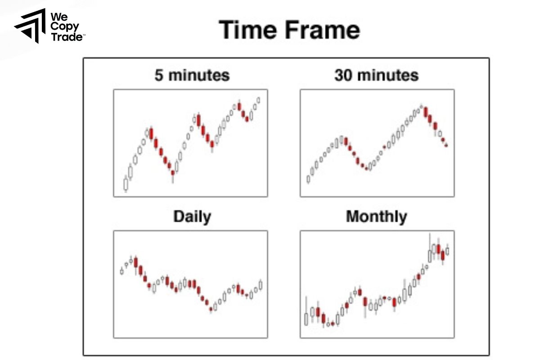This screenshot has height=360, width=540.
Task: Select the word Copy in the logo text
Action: [65, 27]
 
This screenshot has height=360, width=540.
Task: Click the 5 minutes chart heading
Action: [192, 75]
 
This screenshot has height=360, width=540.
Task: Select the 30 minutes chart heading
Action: [376, 75]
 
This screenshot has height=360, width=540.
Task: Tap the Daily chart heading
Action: [192, 217]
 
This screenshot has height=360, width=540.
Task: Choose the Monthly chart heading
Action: [376, 217]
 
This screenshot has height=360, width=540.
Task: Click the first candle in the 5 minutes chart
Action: [126, 184]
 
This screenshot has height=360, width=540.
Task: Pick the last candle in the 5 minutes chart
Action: [259, 100]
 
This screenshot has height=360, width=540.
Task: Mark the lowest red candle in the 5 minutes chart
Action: [173, 173]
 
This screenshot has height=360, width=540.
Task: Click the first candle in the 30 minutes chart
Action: [308, 179]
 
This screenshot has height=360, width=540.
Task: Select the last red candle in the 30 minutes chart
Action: [446, 145]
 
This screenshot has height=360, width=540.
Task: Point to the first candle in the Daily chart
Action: [121, 271]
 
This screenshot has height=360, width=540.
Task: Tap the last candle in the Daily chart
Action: [261, 285]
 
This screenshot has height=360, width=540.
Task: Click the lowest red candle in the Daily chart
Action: [211, 309]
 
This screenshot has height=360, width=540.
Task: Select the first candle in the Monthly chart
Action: [306, 319]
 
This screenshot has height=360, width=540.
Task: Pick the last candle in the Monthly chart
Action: [447, 251]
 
